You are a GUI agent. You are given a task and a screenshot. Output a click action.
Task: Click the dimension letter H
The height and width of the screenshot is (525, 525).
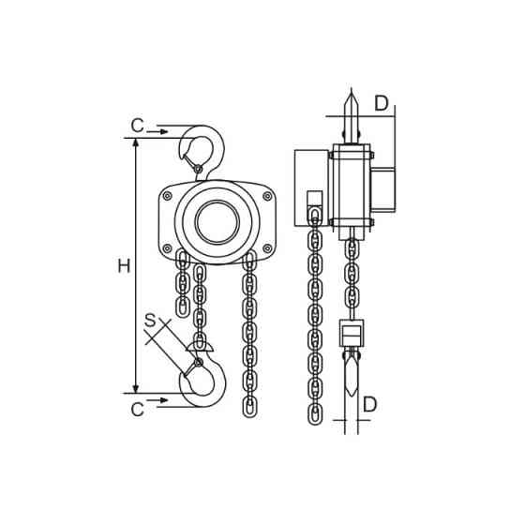coord(124,266)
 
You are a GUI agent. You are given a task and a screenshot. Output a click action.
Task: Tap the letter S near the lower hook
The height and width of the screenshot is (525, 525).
coord(150,321)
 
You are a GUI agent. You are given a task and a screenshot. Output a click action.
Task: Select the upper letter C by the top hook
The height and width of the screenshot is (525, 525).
coord(137,126)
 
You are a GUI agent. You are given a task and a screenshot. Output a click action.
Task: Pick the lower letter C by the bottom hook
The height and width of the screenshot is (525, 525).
coord(137,409)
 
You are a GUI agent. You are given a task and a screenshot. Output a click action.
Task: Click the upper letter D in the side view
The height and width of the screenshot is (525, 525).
coord(382,103)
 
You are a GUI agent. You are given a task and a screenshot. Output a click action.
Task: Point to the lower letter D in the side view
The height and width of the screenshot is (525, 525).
coord(370,404)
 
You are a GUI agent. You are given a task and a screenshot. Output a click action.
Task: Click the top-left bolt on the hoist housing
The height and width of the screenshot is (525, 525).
coord(167,196)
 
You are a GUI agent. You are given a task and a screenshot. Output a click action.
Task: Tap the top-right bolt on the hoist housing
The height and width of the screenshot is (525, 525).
coord(267,196)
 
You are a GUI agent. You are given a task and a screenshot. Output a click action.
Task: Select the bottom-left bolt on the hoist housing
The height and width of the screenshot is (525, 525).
coord(167,248)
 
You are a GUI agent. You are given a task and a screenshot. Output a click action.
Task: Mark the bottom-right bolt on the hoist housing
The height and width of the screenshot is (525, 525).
coord(267,248)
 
